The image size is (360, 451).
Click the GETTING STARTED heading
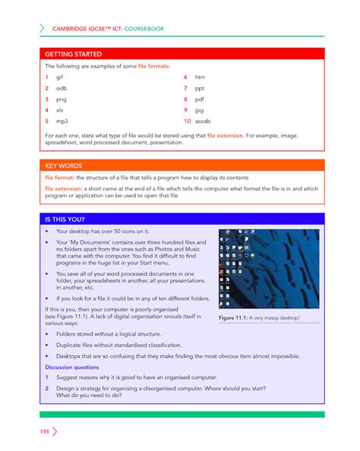click(x=73, y=55)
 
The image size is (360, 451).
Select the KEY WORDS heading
click(x=65, y=165)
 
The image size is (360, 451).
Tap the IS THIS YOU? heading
click(x=69, y=219)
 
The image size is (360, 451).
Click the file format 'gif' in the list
click(x=61, y=77)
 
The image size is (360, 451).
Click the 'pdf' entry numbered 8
click(x=200, y=99)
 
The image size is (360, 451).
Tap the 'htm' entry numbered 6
click(x=200, y=77)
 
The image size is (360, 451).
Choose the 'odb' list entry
click(x=62, y=88)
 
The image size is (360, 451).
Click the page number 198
click(x=45, y=431)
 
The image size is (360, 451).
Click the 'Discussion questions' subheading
click(x=74, y=367)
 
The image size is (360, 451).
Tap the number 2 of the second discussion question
click(x=47, y=388)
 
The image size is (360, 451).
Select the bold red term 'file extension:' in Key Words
click(x=66, y=188)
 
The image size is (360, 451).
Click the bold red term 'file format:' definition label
click(x=62, y=176)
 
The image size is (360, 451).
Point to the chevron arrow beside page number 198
click(x=55, y=431)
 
